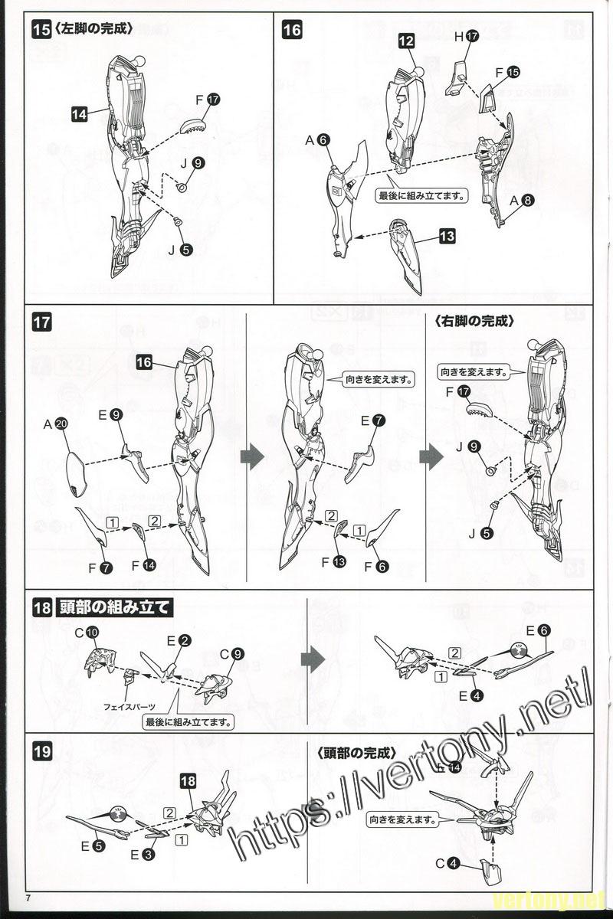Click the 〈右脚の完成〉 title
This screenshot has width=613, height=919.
point(473,322)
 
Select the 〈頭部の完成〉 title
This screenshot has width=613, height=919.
point(348,752)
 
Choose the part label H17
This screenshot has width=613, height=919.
point(466,36)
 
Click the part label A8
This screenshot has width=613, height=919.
point(522,201)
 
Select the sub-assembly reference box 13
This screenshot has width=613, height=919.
point(447,237)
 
